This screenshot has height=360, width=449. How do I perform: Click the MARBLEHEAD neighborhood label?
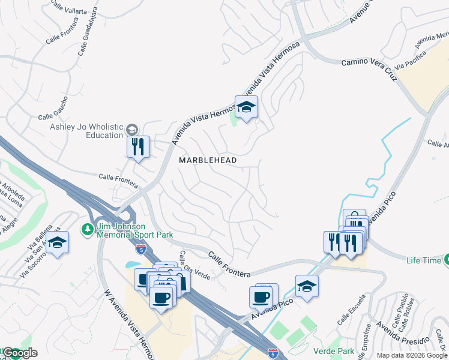tap(208, 161)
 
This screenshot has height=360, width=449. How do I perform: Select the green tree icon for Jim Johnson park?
tap(86, 229)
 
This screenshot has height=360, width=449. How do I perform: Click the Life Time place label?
tap(423, 260)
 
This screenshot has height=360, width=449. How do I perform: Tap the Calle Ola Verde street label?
tap(193, 265)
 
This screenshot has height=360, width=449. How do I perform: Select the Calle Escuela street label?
tap(352, 310)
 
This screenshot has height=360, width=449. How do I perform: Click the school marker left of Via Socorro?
tap(57, 243)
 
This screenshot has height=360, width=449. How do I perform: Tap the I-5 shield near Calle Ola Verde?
tap(140, 248)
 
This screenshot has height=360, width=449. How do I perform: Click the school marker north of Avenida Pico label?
tap(307, 287)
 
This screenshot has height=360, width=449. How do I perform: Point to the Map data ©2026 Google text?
tap(412, 355)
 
